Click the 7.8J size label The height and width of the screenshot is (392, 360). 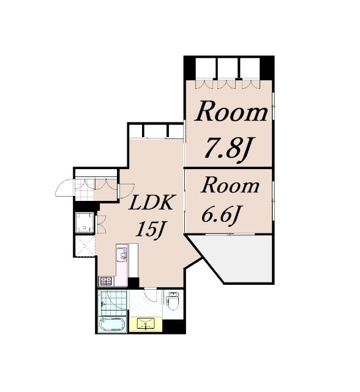click(x=228, y=149)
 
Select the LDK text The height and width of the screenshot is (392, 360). click(x=151, y=203)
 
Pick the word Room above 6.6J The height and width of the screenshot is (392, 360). click(x=230, y=186)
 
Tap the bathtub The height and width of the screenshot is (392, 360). click(x=112, y=325)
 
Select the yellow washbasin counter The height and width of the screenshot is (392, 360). click(x=146, y=324)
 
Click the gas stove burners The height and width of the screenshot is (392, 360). click(x=106, y=281)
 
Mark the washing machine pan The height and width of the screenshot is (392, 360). click(x=84, y=222)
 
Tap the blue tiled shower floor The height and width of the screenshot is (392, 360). click(x=113, y=303)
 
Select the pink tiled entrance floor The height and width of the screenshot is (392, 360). click(x=84, y=190)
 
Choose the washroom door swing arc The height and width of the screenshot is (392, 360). click(x=151, y=295)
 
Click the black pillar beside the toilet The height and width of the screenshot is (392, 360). click(x=174, y=326)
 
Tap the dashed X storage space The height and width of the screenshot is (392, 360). click(x=85, y=246)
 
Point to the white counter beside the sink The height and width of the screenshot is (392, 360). click(x=133, y=260)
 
